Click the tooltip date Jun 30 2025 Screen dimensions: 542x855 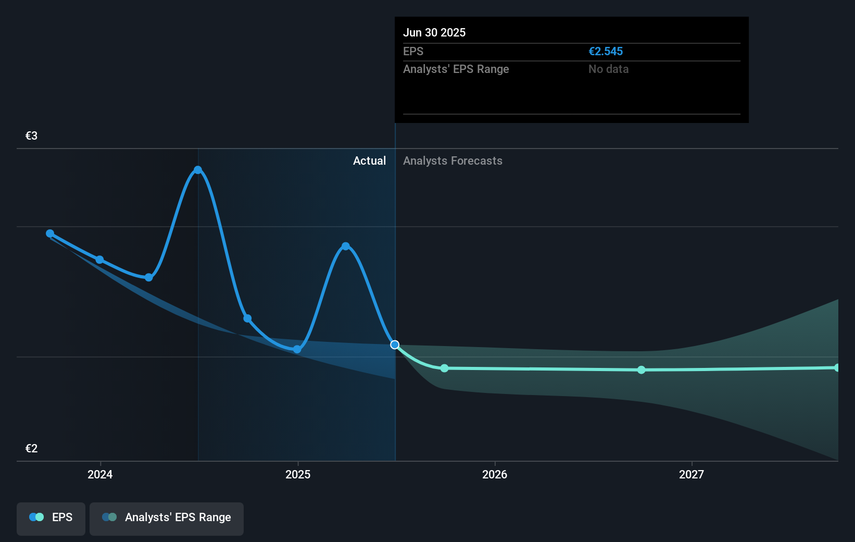(434, 32)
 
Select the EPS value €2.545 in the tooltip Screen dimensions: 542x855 (605, 51)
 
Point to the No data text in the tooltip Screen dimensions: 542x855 (608, 69)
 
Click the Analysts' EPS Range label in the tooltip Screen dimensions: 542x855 (456, 69)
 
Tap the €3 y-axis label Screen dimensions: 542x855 (31, 135)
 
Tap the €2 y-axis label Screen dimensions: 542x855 (31, 448)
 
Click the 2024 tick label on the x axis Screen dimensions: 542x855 (100, 474)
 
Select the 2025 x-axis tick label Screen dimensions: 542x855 (298, 474)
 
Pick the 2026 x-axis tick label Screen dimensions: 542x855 (494, 474)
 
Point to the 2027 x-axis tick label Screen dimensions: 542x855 (691, 474)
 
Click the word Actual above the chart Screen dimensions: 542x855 (369, 161)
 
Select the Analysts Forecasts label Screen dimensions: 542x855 (452, 161)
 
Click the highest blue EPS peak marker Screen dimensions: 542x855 (198, 170)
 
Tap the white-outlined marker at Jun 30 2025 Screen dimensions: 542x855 (395, 344)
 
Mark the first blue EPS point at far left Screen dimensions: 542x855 (50, 233)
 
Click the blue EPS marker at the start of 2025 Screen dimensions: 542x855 (297, 349)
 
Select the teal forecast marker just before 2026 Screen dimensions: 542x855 (444, 368)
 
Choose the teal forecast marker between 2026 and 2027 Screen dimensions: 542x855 (642, 369)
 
